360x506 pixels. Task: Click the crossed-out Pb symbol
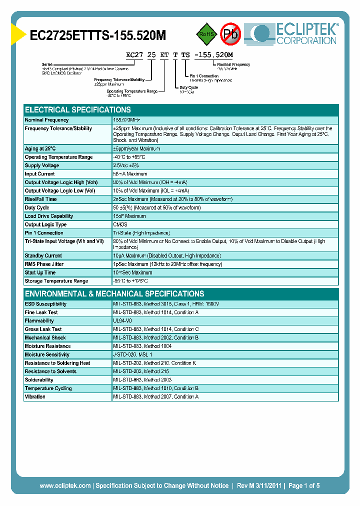pos(230,34)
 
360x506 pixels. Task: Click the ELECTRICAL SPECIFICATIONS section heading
pos(78,109)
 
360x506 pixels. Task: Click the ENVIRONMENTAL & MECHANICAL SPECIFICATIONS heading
pos(114,293)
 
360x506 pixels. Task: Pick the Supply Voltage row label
pos(42,165)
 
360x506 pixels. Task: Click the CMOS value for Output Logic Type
pos(120,224)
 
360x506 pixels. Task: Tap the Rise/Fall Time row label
pos(40,199)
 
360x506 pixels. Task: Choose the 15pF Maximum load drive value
pos(129,216)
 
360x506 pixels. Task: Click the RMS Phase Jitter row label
pos(44,264)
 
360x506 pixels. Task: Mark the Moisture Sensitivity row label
pos(47,354)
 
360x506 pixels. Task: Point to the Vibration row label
pos(35,396)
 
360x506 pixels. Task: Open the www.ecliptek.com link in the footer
pos(65,485)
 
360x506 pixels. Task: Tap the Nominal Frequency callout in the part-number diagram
pos(233,64)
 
